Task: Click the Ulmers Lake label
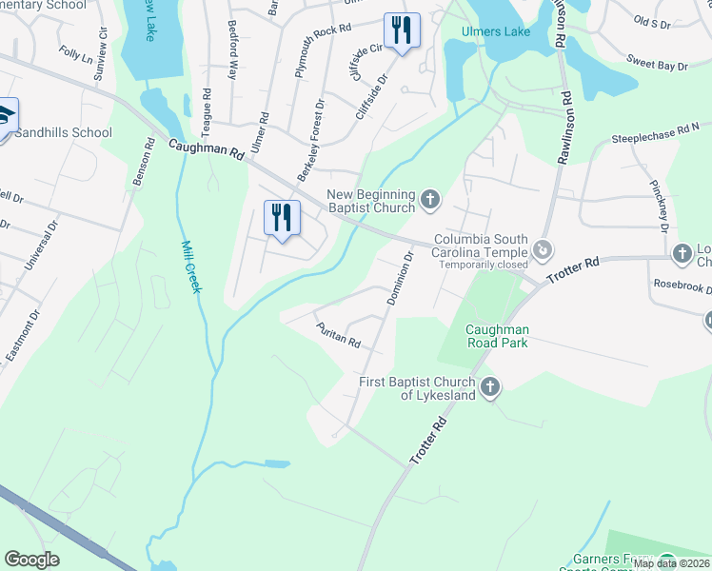pos(495,32)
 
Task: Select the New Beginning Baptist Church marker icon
pos(430,200)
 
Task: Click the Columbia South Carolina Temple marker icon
pos(543,250)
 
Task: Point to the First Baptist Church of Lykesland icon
pos(489,385)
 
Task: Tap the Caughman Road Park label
pos(497,336)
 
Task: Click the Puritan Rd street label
pos(338,335)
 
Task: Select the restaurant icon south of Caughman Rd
pos(281,218)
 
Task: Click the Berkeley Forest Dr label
pos(312,144)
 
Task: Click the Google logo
pos(32,560)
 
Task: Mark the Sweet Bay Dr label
pos(657,64)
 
